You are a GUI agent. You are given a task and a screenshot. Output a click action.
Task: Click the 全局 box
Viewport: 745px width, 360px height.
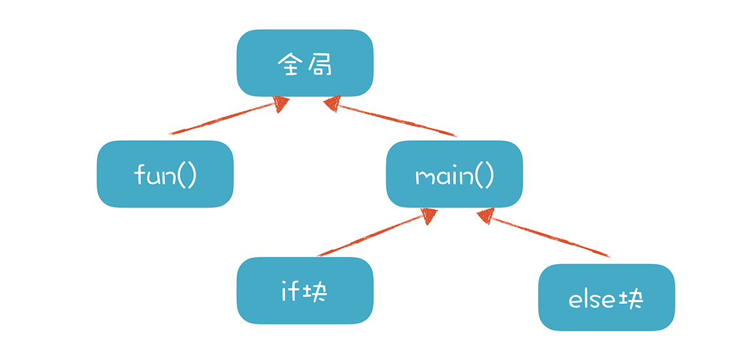pyautogui.click(x=305, y=63)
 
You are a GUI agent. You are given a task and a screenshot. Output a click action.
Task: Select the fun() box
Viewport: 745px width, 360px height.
pyautogui.click(x=165, y=174)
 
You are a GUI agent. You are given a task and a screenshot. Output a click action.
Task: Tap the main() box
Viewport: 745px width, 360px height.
pyautogui.click(x=454, y=174)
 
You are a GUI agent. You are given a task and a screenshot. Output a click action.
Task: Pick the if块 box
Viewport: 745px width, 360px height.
pyautogui.click(x=305, y=290)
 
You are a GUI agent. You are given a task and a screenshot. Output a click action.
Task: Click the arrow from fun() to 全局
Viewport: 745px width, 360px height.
pyautogui.click(x=222, y=119)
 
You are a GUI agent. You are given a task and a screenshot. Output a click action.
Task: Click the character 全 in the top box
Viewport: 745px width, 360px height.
pyautogui.click(x=290, y=63)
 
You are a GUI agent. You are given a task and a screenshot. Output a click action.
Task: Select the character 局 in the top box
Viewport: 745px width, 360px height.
pyautogui.click(x=320, y=63)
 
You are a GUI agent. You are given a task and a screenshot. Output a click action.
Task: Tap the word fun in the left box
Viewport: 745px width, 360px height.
pyautogui.click(x=153, y=175)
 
